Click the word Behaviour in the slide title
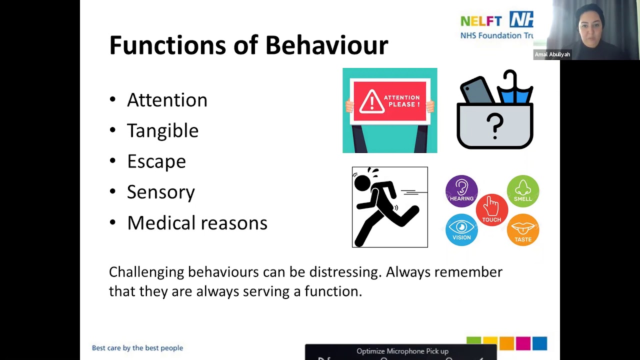[326, 45]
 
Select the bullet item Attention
[166, 100]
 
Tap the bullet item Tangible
[162, 130]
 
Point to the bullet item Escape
[156, 161]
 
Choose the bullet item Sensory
[160, 192]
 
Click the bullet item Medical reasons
[197, 223]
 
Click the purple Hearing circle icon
[461, 191]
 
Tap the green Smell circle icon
[523, 191]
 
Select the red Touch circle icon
[492, 209]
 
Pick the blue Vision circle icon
[461, 229]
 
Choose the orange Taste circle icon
[523, 230]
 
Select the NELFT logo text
[481, 21]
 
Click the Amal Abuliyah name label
[552, 54]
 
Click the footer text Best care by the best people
[137, 348]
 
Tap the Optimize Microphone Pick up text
[402, 351]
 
